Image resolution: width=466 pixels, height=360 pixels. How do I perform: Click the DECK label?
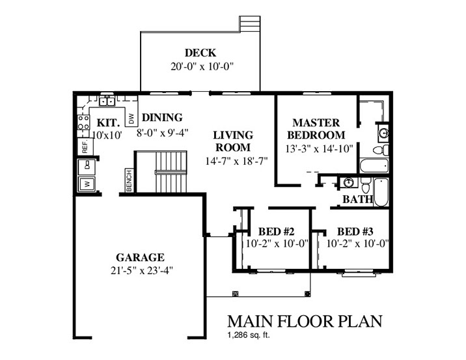pyautogui.click(x=200, y=53)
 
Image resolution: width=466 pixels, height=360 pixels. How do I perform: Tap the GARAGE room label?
pyautogui.click(x=140, y=257)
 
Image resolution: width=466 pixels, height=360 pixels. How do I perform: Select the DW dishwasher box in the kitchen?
pyautogui.click(x=131, y=119)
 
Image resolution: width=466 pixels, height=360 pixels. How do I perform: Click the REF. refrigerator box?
pyautogui.click(x=85, y=146)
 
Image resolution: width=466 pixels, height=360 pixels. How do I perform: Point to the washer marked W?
pyautogui.click(x=87, y=184)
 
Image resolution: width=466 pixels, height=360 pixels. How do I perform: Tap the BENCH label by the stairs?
pyautogui.click(x=130, y=180)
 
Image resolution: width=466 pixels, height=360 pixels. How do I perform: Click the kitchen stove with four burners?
pyautogui.click(x=83, y=122)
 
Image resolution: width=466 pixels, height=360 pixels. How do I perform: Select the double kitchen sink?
pyautogui.click(x=107, y=101)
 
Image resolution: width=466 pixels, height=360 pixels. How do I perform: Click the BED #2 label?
pyautogui.click(x=276, y=231)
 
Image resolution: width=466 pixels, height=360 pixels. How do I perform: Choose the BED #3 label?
pyautogui.click(x=355, y=231)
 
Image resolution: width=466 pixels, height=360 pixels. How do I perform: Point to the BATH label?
pyautogui.click(x=357, y=199)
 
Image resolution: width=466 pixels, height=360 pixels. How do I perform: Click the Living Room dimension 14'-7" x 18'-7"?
pyautogui.click(x=236, y=161)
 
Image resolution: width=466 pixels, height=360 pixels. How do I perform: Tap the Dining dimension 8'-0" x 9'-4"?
pyautogui.click(x=163, y=132)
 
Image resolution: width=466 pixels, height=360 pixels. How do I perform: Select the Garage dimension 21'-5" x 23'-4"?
pyautogui.click(x=142, y=271)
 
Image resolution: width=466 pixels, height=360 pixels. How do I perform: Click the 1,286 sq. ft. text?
pyautogui.click(x=249, y=336)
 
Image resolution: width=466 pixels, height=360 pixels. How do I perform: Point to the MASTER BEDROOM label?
pyautogui.click(x=316, y=129)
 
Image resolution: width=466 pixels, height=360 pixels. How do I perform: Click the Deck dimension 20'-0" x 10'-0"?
pyautogui.click(x=202, y=66)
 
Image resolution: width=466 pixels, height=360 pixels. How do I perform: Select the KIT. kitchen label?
pyautogui.click(x=109, y=123)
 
